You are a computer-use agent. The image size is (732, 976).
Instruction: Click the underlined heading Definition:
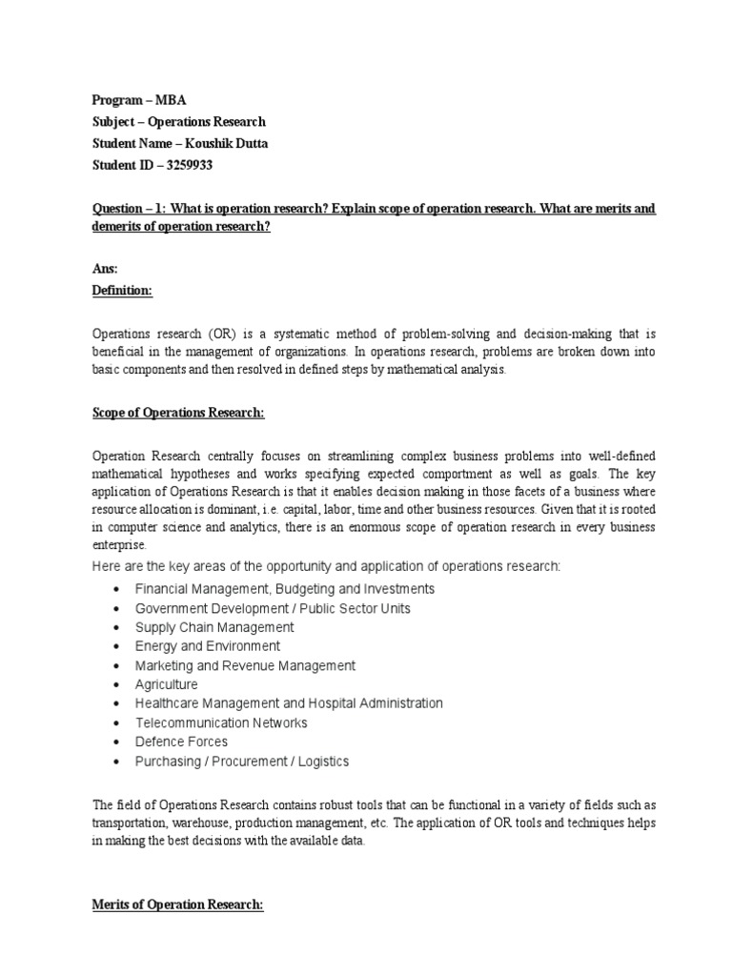[x=122, y=291]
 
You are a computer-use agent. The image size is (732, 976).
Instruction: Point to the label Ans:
[x=105, y=270]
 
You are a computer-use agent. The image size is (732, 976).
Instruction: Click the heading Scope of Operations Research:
[x=178, y=413]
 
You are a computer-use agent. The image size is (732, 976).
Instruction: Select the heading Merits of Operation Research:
[x=177, y=905]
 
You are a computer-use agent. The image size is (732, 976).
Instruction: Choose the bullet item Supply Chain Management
[x=214, y=627]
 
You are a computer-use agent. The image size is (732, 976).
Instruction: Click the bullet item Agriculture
[x=167, y=684]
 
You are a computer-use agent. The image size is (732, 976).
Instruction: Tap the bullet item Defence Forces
[x=181, y=742]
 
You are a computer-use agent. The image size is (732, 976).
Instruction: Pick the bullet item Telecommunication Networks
[x=221, y=722]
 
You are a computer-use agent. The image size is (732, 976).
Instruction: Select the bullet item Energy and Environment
[x=208, y=646]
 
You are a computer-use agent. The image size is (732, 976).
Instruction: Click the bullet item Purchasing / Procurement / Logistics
[x=242, y=761]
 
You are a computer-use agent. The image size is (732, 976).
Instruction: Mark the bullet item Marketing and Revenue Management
[x=245, y=665]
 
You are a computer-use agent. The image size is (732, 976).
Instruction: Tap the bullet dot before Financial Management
[x=115, y=590]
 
